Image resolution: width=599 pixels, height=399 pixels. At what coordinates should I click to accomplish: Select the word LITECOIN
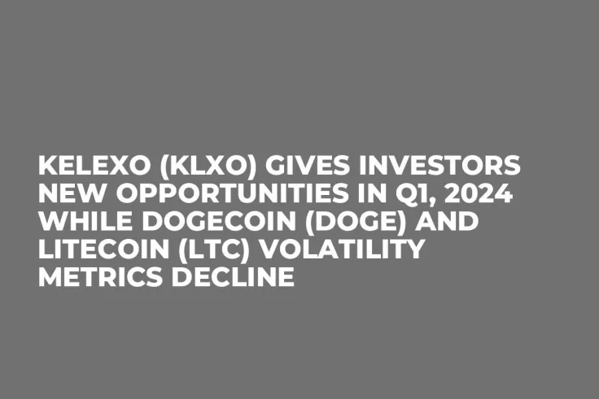(x=104, y=251)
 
